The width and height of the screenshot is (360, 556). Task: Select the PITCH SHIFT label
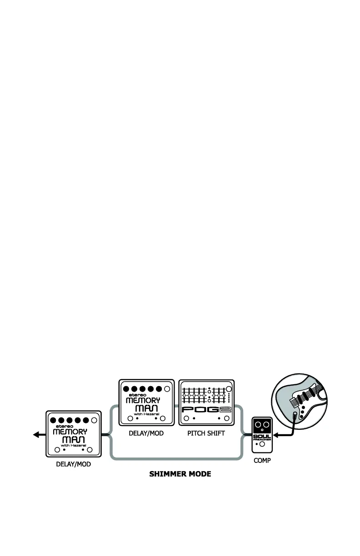[x=206, y=433]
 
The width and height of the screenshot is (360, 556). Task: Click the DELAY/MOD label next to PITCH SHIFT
[x=146, y=433]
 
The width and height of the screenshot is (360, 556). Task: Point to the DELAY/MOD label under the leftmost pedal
[x=73, y=465]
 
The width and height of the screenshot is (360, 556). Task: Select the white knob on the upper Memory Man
[x=167, y=389]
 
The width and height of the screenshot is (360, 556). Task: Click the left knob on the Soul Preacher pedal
[x=258, y=425]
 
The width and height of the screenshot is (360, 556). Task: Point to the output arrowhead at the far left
[x=36, y=435]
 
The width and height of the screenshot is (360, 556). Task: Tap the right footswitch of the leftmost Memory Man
[x=90, y=450]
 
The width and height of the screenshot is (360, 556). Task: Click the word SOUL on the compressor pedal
[x=262, y=436]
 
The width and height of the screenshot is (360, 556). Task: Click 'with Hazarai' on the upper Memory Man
[x=146, y=414]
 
